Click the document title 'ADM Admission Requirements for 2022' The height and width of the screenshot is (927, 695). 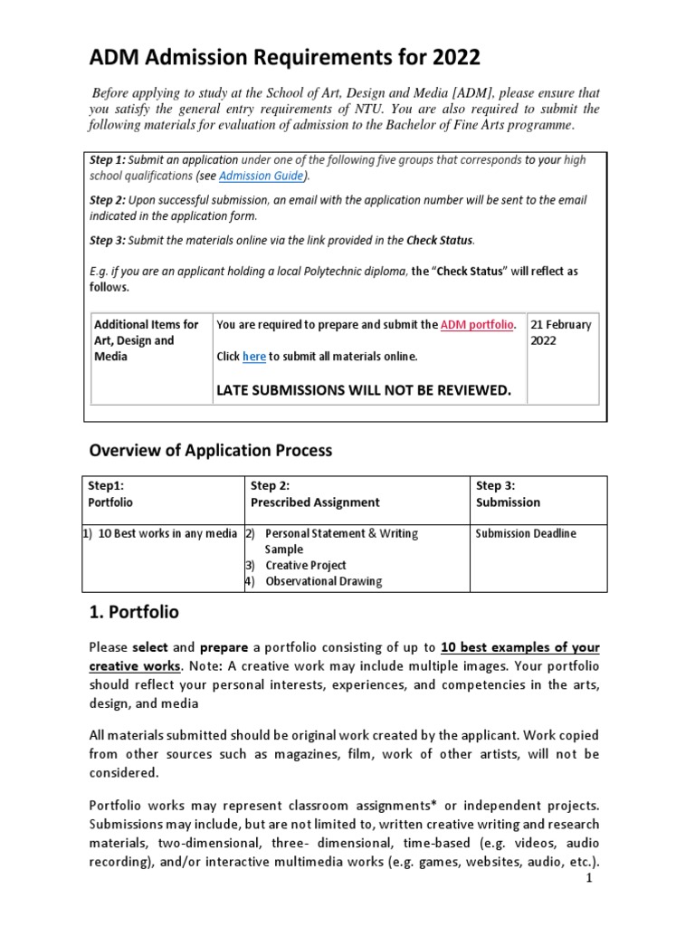(x=284, y=59)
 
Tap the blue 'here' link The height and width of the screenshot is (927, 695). (x=254, y=357)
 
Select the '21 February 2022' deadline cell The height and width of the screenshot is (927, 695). (x=561, y=332)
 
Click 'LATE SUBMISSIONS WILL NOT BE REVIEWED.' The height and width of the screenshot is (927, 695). (x=362, y=390)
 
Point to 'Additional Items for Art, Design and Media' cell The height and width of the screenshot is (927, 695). (x=147, y=340)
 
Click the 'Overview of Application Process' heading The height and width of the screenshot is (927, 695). (x=210, y=450)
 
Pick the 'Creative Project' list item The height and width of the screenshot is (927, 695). (x=305, y=565)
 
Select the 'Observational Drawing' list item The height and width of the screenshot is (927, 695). (x=323, y=581)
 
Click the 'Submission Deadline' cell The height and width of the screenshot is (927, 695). (x=526, y=533)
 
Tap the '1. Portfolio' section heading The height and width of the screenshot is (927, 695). (x=134, y=612)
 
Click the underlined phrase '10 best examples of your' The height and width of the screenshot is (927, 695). (x=520, y=648)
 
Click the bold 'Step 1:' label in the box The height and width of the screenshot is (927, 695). (x=108, y=159)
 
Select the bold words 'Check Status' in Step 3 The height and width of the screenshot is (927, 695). (x=439, y=240)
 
